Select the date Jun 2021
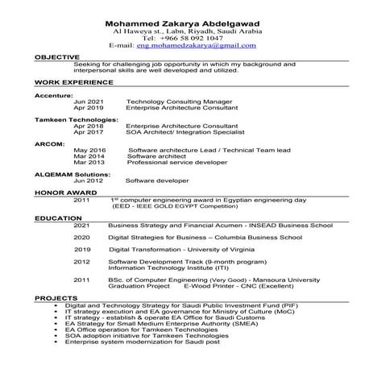pyautogui.click(x=88, y=102)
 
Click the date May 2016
pyautogui.click(x=89, y=151)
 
